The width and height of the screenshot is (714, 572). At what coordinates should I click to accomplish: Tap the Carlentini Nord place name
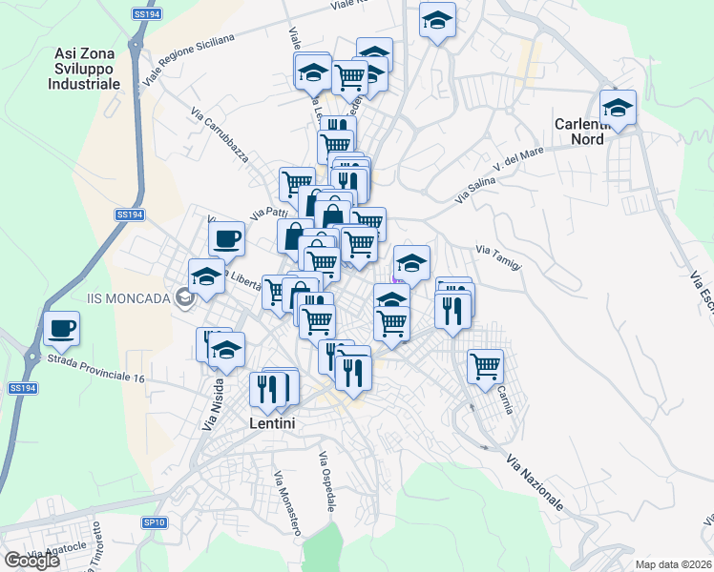tap(593, 131)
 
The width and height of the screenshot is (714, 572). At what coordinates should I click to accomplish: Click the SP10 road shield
tap(155, 522)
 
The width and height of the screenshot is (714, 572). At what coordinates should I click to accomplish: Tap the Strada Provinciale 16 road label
tap(94, 370)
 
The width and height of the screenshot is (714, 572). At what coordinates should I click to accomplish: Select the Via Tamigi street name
tap(499, 257)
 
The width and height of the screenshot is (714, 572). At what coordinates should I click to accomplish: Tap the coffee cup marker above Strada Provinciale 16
tap(62, 328)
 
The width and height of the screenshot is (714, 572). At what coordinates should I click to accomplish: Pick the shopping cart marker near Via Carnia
tap(486, 364)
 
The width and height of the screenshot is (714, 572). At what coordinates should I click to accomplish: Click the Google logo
tap(31, 561)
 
